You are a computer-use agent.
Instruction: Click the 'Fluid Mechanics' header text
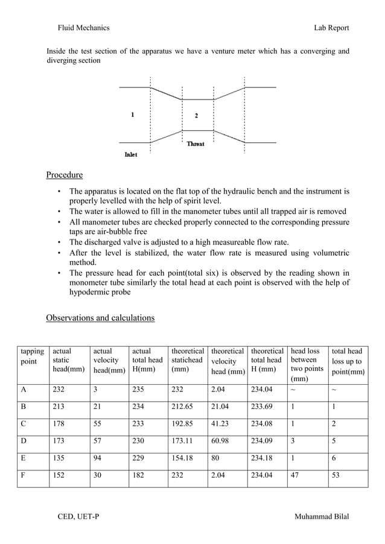click(x=83, y=28)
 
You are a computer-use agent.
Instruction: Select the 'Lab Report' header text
click(x=331, y=28)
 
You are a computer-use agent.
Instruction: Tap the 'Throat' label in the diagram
click(x=196, y=144)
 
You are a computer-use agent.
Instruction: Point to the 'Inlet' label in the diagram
click(x=130, y=154)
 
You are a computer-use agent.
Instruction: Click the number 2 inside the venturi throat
click(x=196, y=115)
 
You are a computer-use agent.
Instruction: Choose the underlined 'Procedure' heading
click(x=65, y=176)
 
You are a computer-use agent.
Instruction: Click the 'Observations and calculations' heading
click(x=100, y=318)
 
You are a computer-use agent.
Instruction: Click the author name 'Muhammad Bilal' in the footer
click(x=321, y=517)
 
